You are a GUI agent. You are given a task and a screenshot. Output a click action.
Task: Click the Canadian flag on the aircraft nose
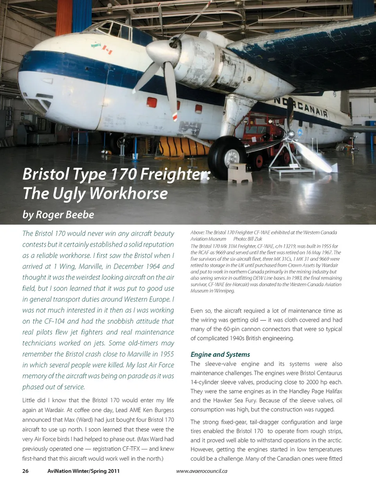coord(107,50)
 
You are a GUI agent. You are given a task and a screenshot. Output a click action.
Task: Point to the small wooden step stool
coord(239,173)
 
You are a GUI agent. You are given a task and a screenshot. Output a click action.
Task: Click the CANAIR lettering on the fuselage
coord(310,108)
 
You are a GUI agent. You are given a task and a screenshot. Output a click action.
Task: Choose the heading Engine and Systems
coord(220,355)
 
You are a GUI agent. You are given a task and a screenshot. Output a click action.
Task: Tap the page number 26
coord(25,471)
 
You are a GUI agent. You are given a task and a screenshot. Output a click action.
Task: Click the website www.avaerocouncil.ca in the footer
coord(202,471)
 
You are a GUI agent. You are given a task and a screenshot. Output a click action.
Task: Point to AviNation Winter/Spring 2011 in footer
coord(83,471)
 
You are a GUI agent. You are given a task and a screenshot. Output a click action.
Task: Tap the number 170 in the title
coord(120,174)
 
